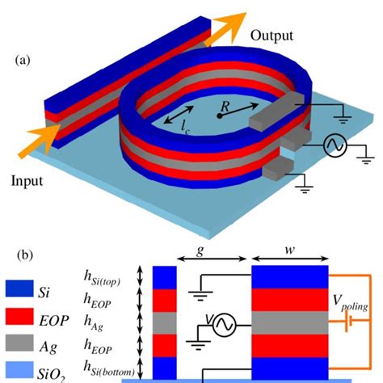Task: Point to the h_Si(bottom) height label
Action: [x=118, y=365]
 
